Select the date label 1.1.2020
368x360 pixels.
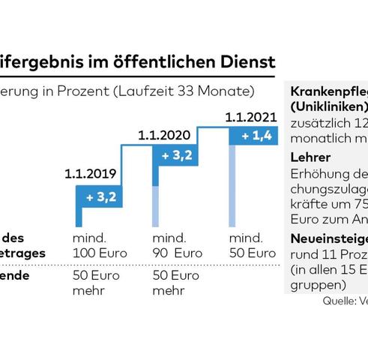point(165,136)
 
